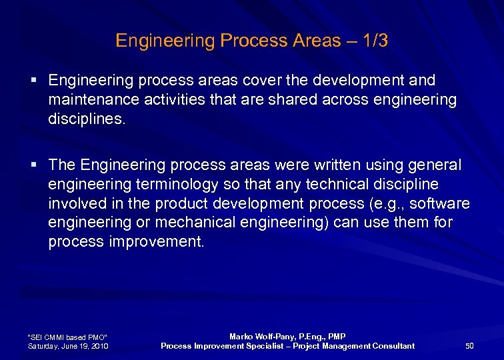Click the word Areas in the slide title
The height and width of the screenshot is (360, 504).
(317, 41)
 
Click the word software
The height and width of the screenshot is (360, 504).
(439, 203)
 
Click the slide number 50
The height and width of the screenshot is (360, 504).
(469, 345)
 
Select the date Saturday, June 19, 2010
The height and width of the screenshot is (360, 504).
(69, 346)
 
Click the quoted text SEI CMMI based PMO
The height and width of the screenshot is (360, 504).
(67, 337)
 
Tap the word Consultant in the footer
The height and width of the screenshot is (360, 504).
(391, 345)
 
